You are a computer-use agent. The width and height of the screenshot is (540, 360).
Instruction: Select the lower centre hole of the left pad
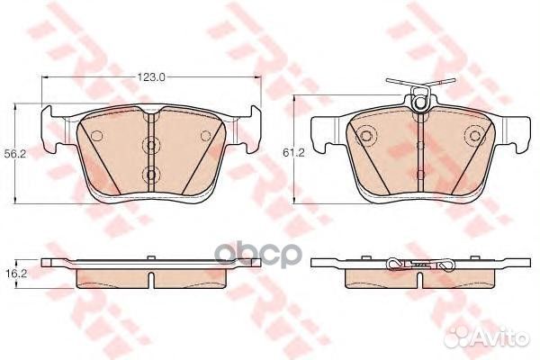click(150, 174)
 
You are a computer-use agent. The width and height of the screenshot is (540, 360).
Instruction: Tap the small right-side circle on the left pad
click(204, 136)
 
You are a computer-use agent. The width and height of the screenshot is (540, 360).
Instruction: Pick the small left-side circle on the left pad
click(96, 136)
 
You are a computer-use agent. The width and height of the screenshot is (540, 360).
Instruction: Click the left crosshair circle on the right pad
click(365, 138)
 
